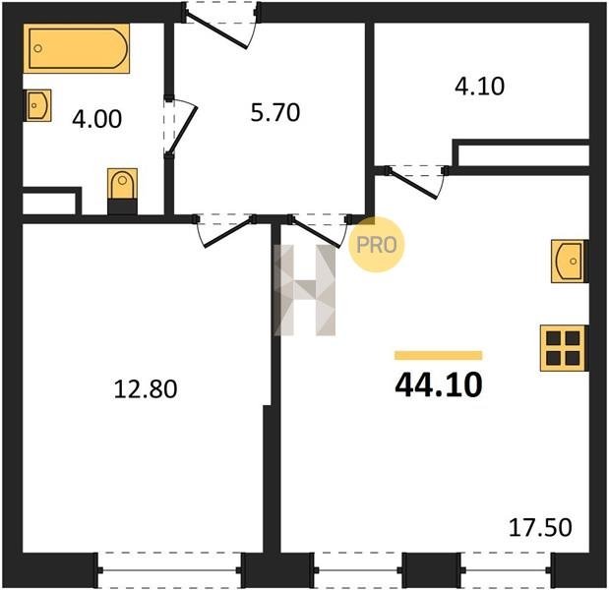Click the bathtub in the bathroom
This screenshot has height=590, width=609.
(77, 48)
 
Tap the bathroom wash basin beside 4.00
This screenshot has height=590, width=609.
(37, 105)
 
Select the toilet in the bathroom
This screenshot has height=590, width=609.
(122, 192)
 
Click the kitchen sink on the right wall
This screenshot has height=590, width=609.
(570, 261)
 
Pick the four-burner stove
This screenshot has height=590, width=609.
(564, 348)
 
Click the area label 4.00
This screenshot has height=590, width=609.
(96, 119)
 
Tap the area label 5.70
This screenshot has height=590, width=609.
(274, 112)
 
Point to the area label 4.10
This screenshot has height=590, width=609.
(480, 87)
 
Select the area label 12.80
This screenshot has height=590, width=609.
(146, 389)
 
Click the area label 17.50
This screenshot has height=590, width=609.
(540, 527)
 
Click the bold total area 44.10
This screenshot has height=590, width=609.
(439, 385)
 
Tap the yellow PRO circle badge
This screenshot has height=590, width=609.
(376, 244)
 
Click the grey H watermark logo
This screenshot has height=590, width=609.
(305, 290)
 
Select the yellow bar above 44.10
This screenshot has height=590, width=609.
(439, 355)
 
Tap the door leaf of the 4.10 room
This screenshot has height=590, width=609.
(412, 185)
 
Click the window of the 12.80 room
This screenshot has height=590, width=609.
(169, 569)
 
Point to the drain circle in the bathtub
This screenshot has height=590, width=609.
(37, 48)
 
